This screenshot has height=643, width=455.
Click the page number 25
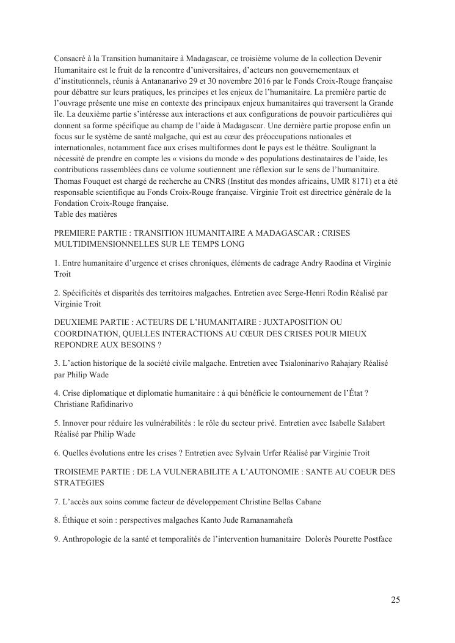tap(395, 600)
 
